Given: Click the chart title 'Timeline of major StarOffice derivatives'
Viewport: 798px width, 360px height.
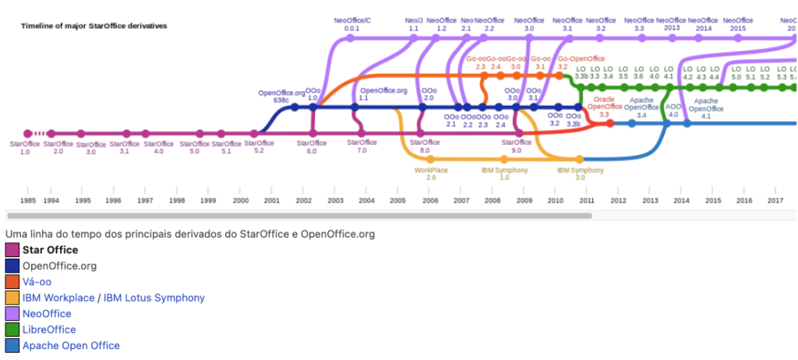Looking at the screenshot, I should [x=94, y=26].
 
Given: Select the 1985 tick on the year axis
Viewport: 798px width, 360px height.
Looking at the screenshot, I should [x=27, y=200].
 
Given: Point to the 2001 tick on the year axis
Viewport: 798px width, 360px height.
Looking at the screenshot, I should [x=271, y=200].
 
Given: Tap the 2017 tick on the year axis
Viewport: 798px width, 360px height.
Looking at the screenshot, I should [x=775, y=200].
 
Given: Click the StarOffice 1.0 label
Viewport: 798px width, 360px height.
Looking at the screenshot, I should [x=24, y=148].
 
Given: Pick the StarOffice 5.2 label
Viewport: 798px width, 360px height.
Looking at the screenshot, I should [x=259, y=146].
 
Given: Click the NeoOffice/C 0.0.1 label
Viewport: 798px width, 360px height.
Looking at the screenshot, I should [x=352, y=23].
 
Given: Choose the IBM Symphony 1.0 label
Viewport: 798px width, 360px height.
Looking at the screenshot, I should [x=504, y=173].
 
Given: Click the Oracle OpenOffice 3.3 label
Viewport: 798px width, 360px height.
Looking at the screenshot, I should [x=605, y=107].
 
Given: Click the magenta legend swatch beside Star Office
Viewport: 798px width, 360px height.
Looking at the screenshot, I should [x=12, y=250].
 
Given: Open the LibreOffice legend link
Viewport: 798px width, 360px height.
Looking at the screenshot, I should [x=49, y=330].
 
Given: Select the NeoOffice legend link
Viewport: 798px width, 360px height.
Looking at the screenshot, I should [x=47, y=314].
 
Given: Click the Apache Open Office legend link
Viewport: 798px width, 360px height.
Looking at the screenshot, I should [x=71, y=346].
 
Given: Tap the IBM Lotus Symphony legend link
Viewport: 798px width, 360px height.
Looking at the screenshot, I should [x=155, y=298].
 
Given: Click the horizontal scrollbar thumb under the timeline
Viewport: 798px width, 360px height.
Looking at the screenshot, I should [x=299, y=216].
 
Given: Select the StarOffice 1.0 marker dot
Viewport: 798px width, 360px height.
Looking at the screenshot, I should [x=28, y=133].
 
